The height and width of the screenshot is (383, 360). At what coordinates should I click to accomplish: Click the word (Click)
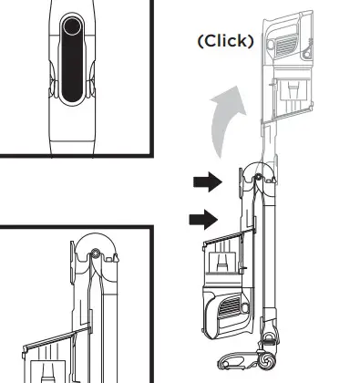225,41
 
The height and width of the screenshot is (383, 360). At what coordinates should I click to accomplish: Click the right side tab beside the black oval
92,87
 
